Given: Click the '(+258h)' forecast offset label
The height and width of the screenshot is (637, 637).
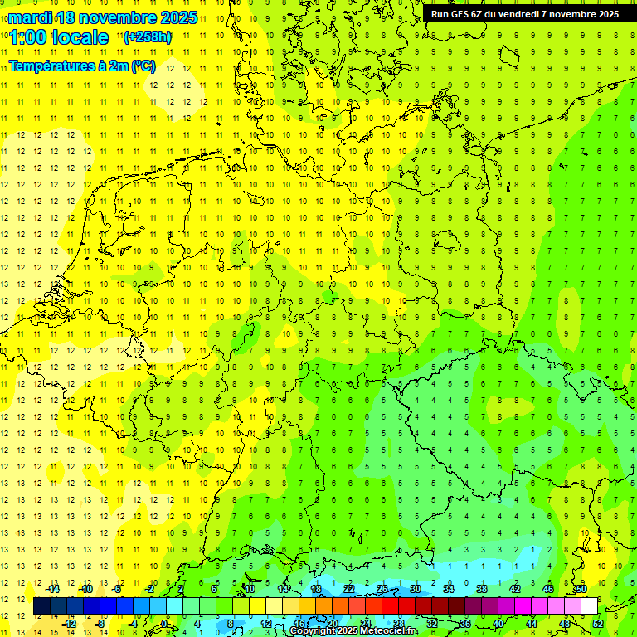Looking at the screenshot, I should (147, 37).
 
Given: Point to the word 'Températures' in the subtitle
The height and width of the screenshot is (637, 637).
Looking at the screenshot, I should (49, 66).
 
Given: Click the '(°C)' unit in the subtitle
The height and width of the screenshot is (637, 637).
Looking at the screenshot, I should (143, 66).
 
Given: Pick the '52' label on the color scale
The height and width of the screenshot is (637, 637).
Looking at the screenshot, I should (598, 624).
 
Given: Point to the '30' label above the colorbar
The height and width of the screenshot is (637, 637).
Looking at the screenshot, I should (416, 589).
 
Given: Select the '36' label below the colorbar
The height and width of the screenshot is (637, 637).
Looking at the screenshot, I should (465, 624).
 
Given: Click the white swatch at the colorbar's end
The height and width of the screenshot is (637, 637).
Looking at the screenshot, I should (589, 606).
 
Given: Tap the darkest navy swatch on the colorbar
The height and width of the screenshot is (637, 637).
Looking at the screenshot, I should (41, 606).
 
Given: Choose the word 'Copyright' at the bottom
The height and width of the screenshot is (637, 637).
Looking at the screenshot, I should (314, 631).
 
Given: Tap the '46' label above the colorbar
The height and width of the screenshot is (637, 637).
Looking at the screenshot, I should (548, 589).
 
